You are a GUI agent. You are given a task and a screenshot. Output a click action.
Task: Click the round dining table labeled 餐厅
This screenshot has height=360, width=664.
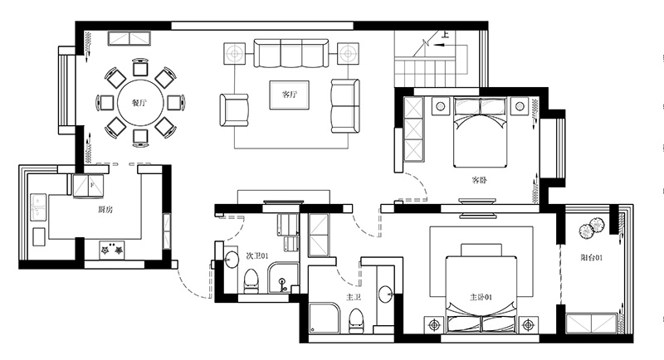(x=140, y=103)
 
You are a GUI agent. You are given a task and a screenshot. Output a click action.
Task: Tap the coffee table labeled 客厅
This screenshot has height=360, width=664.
(x=290, y=95)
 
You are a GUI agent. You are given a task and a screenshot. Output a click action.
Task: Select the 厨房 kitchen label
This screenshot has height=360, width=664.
(x=105, y=209)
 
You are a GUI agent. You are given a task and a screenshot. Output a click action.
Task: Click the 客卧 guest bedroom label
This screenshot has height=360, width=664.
(x=479, y=180)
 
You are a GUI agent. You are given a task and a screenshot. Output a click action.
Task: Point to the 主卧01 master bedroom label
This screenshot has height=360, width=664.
(x=481, y=298)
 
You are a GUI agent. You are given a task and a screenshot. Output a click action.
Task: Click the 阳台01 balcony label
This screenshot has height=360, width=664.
(x=591, y=258)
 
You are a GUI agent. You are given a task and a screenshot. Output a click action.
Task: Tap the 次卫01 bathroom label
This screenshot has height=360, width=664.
(x=257, y=256)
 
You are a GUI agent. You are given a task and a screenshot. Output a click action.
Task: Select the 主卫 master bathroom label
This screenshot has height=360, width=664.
(x=354, y=298)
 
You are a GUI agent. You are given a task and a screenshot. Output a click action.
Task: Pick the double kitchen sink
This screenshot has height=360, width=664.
(x=38, y=207)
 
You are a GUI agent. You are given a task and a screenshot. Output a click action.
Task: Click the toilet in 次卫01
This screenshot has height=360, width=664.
(x=251, y=281)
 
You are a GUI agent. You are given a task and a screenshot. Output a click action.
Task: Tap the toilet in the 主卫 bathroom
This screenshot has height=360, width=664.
(x=355, y=320)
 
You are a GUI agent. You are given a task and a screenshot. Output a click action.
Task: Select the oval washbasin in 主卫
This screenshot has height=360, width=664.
(x=385, y=294)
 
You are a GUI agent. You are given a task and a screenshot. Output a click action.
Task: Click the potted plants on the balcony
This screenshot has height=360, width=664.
(x=591, y=228)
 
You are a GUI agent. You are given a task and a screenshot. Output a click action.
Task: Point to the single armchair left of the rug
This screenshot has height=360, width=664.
(x=234, y=110)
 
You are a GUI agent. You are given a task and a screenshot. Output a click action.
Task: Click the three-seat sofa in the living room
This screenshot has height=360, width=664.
(x=291, y=53)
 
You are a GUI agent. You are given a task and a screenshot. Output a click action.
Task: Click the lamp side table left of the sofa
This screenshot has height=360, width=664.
(x=235, y=54)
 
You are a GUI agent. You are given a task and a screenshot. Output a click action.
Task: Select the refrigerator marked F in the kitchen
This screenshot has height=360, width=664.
(x=88, y=186)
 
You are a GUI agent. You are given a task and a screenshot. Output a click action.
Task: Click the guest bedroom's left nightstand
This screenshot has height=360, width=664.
(x=441, y=105)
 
